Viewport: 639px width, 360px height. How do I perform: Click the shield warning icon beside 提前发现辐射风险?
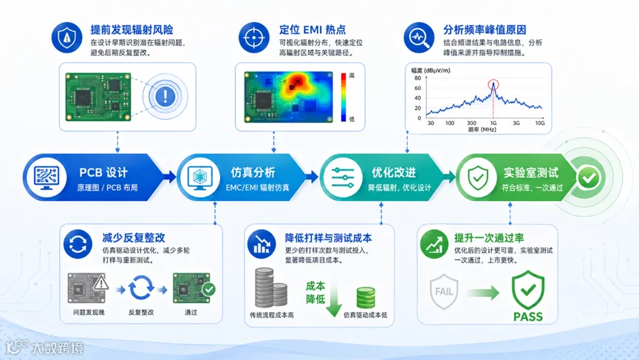point(66,38)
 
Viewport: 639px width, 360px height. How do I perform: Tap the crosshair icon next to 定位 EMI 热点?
point(254,38)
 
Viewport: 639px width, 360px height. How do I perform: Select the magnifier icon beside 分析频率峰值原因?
point(419,38)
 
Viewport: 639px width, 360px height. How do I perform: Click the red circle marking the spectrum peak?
point(493,84)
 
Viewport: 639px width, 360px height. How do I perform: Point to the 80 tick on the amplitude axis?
point(417,78)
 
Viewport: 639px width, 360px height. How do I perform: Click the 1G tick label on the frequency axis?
point(493,123)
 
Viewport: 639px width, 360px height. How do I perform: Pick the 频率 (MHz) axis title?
point(482,129)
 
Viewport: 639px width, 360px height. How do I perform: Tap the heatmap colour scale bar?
point(344,97)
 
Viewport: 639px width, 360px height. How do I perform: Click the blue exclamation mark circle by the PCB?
point(165,97)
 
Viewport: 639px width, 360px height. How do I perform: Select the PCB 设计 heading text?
point(103,172)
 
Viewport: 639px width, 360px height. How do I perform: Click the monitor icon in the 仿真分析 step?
point(200,177)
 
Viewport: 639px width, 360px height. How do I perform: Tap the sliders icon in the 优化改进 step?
point(342,177)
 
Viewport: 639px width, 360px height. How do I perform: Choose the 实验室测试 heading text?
point(530,172)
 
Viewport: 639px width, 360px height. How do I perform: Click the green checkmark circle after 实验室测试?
point(589,177)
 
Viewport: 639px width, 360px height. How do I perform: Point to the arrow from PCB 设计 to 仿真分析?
point(169,177)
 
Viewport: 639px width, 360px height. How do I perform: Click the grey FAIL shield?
point(444,291)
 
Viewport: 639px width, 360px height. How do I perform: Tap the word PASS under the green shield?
point(527,317)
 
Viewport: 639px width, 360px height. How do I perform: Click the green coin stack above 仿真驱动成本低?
point(366,298)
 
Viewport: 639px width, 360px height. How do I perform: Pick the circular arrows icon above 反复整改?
point(141,288)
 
